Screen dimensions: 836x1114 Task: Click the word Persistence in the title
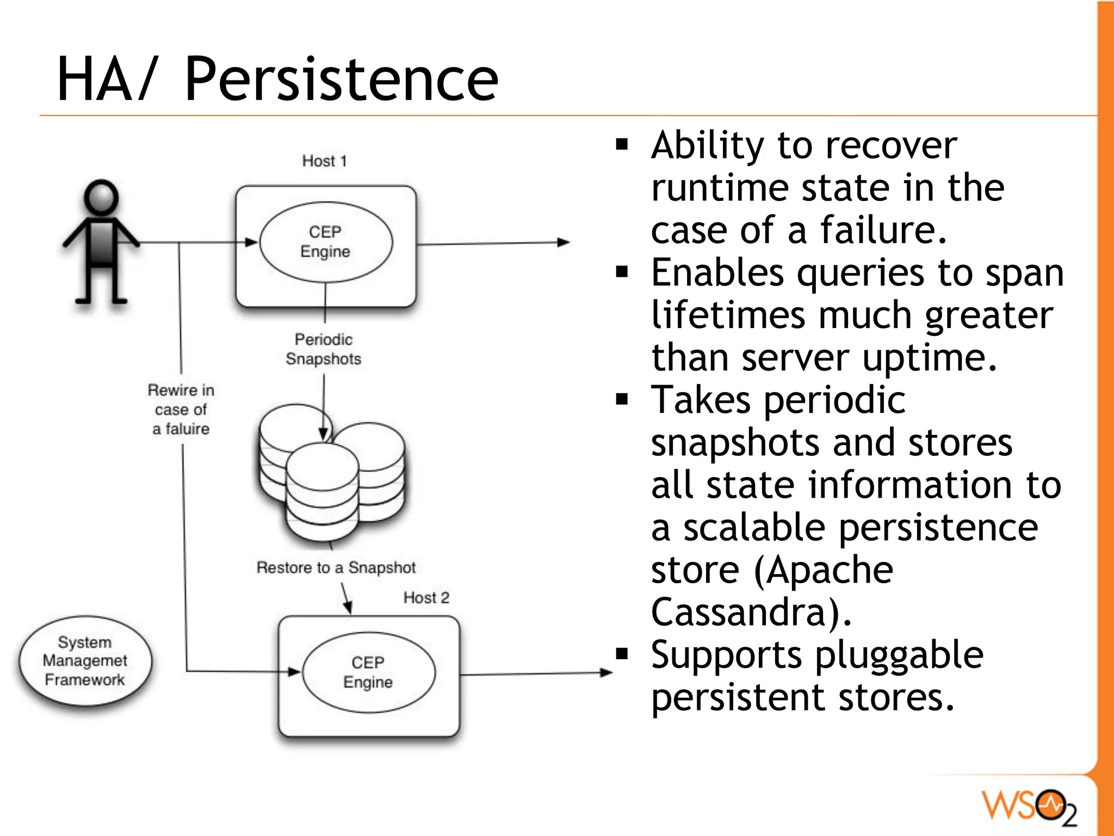[341, 80]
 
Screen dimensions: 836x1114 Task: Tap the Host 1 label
[324, 161]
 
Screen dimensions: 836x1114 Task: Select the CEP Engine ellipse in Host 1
[325, 242]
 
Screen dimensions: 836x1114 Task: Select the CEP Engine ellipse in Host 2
[368, 672]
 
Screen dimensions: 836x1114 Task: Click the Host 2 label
[426, 598]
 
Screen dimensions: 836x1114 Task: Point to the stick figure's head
[101, 197]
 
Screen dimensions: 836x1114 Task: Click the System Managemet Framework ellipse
[85, 661]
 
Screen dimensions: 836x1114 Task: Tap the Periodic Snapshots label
[324, 349]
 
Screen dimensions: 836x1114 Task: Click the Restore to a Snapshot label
[336, 567]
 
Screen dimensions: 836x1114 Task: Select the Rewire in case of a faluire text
[181, 409]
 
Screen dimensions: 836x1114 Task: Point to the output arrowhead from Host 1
[564, 242]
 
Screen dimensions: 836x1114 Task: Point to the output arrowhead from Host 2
[606, 673]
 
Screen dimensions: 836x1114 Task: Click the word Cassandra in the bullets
[745, 612]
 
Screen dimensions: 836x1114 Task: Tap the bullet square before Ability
[622, 144]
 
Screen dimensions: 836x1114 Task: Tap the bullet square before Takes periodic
[622, 400]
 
